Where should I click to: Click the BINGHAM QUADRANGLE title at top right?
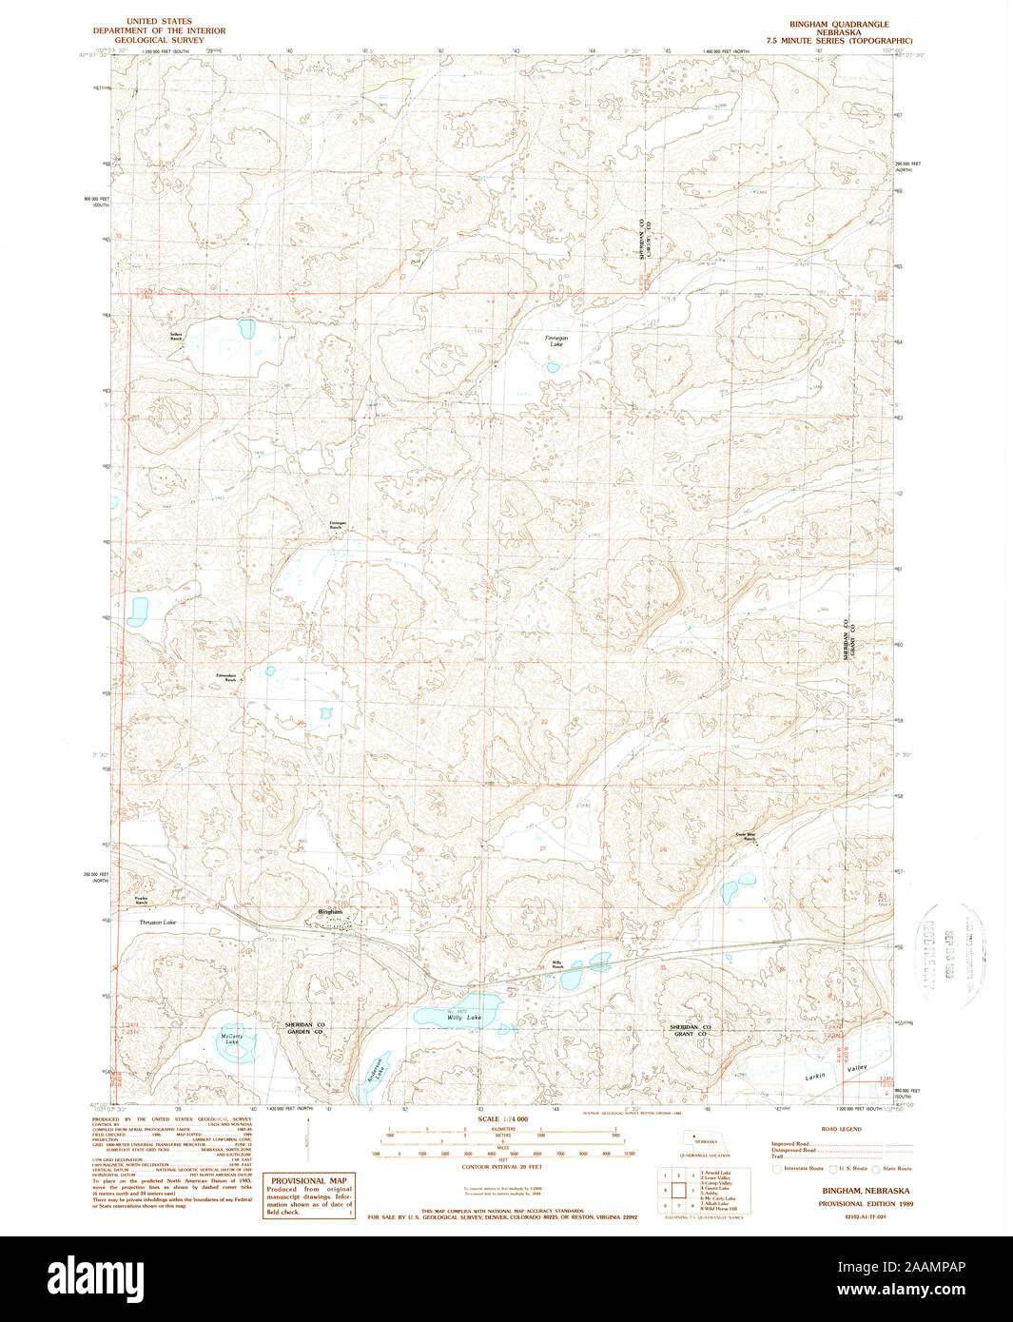[838, 24]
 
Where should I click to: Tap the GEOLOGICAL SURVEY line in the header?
[153, 41]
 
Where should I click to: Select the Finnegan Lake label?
[555, 341]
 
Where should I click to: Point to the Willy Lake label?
[464, 1018]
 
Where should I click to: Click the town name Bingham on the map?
[330, 912]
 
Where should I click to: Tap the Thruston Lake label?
[157, 923]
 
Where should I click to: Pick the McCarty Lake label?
[232, 1039]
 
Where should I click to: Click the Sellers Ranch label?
[176, 336]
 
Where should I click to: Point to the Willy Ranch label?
[557, 964]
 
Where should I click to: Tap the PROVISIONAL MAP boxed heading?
[308, 1180]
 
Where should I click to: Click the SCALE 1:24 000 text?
[499, 1119]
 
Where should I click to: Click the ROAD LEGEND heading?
[842, 1129]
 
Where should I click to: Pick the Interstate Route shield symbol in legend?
[776, 1168]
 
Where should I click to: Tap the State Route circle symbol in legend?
[878, 1168]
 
